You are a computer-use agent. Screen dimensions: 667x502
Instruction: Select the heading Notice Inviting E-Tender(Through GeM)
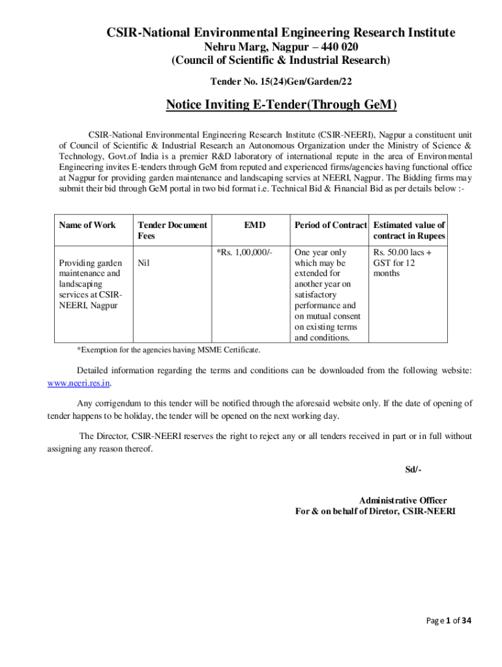[281, 105]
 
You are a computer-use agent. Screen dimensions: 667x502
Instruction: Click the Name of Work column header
[87, 225]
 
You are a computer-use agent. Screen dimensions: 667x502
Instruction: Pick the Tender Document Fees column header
[172, 230]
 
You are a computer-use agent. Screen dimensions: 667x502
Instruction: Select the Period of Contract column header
[331, 225]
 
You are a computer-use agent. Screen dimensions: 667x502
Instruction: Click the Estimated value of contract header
[409, 230]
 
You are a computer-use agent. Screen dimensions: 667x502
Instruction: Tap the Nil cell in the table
[143, 263]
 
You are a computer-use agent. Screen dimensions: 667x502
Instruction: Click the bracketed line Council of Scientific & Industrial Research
[281, 61]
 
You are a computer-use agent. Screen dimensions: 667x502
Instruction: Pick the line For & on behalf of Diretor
[376, 511]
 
